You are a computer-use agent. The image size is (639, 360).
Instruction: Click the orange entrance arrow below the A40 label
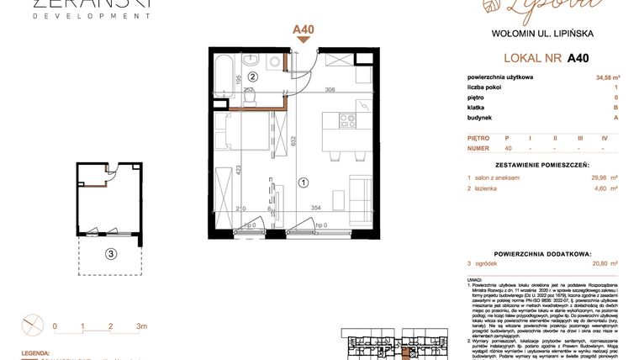pos(303,41)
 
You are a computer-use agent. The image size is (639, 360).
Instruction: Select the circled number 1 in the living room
pos(304,179)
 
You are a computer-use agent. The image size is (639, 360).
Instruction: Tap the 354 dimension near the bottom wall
pos(318,207)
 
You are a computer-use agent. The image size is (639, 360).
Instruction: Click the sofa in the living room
pos(363,193)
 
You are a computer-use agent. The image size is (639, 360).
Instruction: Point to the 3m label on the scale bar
pos(141,326)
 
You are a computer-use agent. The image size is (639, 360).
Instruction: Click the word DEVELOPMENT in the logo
pos(80,15)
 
